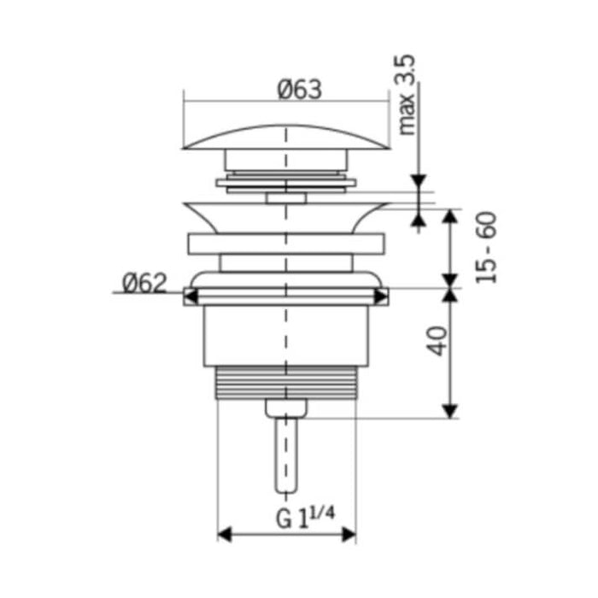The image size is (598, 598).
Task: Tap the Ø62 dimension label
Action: (144, 282)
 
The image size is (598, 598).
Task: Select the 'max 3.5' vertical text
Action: (407, 95)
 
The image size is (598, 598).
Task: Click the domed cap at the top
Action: (287, 138)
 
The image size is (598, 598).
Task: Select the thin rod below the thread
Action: (285, 453)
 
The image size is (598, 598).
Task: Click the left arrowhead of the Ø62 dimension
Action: (191, 296)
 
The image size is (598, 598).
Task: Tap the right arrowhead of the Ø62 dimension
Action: (381, 296)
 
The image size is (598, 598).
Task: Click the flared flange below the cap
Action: (286, 216)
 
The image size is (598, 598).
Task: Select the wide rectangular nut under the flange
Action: (286, 243)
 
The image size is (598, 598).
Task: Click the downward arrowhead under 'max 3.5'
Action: (419, 183)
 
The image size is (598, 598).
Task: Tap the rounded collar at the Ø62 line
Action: (286, 281)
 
